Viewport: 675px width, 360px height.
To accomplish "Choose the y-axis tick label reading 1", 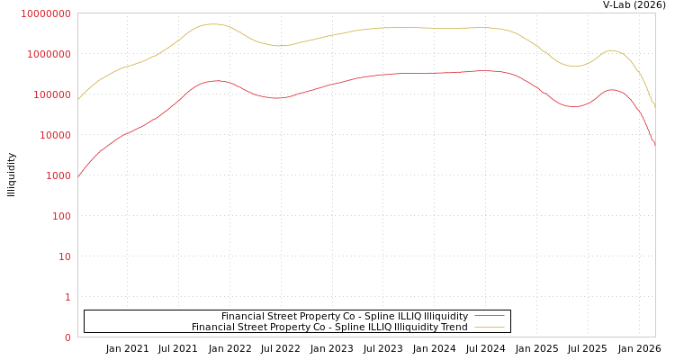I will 67,298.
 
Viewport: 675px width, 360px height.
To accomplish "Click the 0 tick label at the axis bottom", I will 67,338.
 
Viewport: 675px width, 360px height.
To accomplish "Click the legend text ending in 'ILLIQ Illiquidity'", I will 344,317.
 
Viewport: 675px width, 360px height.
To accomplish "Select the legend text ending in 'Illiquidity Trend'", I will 329,328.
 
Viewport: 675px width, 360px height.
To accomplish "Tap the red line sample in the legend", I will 490,317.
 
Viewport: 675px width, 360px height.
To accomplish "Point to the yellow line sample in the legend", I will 490,328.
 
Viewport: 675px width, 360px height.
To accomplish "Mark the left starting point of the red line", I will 78,176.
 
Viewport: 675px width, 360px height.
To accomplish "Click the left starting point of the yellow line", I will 78,99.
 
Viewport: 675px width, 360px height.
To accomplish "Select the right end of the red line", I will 654,144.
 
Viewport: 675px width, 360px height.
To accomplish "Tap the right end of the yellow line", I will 654,107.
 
